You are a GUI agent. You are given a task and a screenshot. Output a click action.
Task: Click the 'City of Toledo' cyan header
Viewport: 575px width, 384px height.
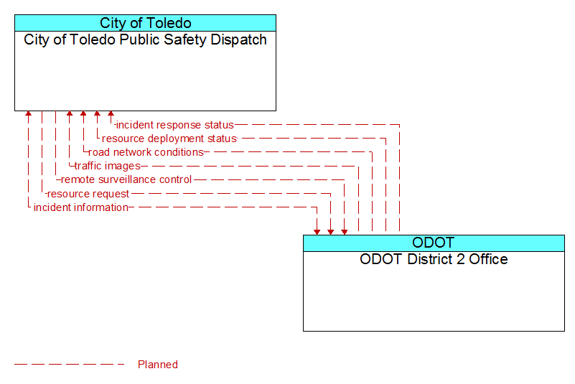click(145, 23)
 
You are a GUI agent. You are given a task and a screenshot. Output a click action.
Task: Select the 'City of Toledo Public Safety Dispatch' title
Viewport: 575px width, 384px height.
click(145, 40)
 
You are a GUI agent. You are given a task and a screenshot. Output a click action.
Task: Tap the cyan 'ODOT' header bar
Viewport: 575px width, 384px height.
click(434, 243)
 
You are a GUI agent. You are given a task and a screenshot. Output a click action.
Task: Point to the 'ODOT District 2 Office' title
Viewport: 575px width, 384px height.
click(434, 259)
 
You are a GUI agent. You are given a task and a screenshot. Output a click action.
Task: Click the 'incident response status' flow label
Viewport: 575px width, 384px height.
click(175, 125)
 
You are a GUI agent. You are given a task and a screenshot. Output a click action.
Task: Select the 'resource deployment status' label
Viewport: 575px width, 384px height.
click(169, 139)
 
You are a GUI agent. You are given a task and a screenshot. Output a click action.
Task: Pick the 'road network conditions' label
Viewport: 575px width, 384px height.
click(146, 152)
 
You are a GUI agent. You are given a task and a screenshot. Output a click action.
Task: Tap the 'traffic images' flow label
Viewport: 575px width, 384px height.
click(108, 166)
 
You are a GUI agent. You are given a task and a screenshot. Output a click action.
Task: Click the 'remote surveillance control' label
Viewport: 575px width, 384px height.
click(126, 179)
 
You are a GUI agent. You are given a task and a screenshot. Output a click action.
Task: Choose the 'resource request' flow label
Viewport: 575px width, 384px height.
click(88, 194)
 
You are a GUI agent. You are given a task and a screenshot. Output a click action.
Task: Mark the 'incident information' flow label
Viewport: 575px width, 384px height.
click(81, 207)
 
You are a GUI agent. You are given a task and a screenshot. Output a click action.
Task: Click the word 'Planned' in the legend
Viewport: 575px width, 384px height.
click(158, 365)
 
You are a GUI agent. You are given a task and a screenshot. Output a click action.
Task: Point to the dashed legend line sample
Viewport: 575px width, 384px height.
click(70, 365)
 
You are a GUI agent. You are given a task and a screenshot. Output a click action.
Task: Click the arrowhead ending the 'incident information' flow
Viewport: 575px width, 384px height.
click(317, 232)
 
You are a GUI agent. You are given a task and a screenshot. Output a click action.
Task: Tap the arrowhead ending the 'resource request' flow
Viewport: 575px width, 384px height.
click(331, 232)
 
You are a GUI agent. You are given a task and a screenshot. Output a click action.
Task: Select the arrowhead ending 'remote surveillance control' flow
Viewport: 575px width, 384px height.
click(345, 232)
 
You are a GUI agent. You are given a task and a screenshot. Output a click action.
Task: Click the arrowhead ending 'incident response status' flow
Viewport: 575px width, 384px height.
click(111, 113)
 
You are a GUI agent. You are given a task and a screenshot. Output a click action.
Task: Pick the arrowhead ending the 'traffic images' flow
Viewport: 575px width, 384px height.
click(70, 113)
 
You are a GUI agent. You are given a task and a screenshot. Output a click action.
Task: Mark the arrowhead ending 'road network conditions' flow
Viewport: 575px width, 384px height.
click(83, 113)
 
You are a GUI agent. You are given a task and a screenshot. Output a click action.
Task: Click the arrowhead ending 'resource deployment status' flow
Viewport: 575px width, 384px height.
click(97, 113)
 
